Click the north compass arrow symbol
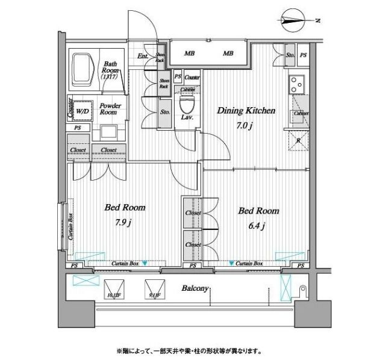tap(296, 21)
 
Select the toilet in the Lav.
tap(187, 103)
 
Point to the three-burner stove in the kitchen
tap(298, 84)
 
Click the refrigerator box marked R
tap(298, 140)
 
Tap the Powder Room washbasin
tap(109, 132)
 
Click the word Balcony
tap(196, 288)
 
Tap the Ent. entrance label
tap(143, 57)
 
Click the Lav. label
tap(187, 116)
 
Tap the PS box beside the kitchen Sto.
tap(303, 55)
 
